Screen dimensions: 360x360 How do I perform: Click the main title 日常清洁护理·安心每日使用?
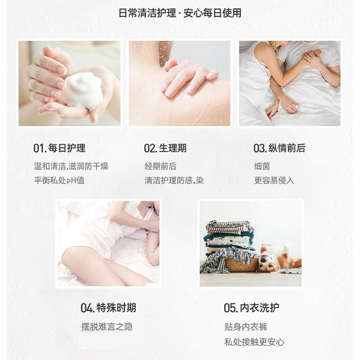180,13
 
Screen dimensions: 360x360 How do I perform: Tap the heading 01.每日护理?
59,148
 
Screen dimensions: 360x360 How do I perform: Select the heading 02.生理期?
165,148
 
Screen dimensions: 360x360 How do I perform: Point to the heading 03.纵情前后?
279,148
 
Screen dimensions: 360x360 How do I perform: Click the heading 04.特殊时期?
108,308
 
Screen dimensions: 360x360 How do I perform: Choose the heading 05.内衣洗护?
252,308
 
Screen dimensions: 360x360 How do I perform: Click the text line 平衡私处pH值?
59,180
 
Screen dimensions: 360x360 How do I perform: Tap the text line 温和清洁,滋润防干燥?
71,166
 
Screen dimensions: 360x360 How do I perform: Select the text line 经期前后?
161,166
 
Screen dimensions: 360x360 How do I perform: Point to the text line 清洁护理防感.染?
174,180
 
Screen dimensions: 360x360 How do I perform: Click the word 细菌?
262,166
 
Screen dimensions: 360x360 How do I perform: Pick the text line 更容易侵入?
274,180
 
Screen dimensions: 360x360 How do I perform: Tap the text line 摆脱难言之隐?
107,327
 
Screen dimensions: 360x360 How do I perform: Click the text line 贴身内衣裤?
246,327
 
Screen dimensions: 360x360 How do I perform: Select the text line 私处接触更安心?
254,342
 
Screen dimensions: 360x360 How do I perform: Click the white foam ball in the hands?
83,91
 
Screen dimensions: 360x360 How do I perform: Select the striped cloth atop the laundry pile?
229,227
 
